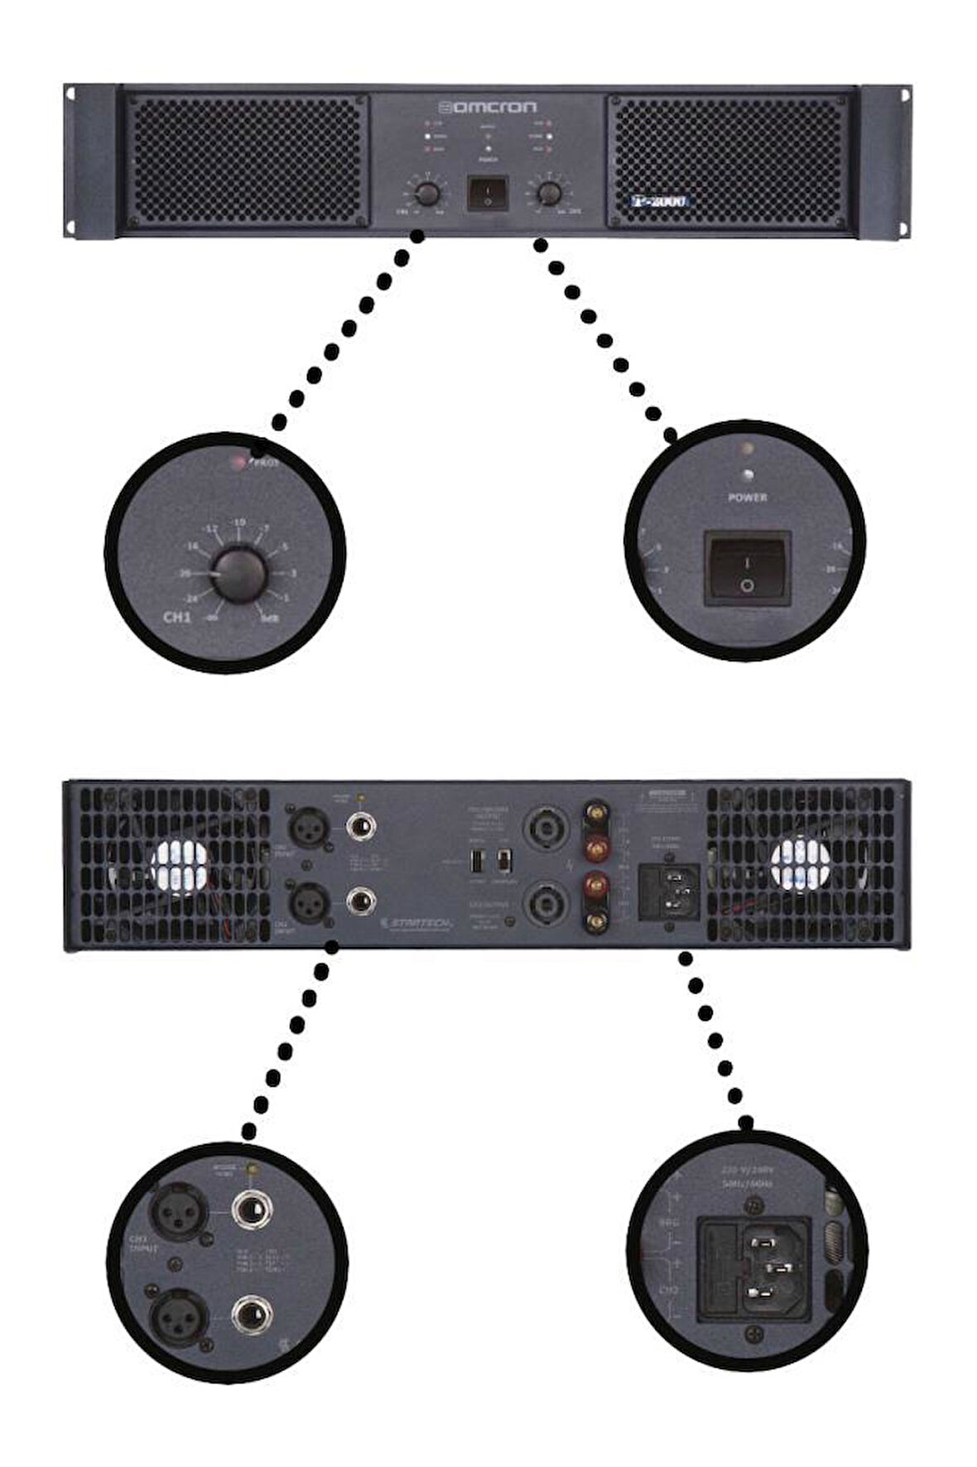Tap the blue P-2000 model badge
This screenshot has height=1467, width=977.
click(x=660, y=200)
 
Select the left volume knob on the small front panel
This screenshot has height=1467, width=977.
click(x=426, y=194)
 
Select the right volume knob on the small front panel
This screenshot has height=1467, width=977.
click(x=548, y=194)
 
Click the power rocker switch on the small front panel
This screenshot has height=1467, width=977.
click(x=487, y=194)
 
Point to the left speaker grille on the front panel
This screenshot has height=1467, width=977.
click(x=244, y=159)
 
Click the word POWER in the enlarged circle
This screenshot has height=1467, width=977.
click(x=747, y=498)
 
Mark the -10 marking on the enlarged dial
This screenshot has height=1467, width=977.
click(x=239, y=522)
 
